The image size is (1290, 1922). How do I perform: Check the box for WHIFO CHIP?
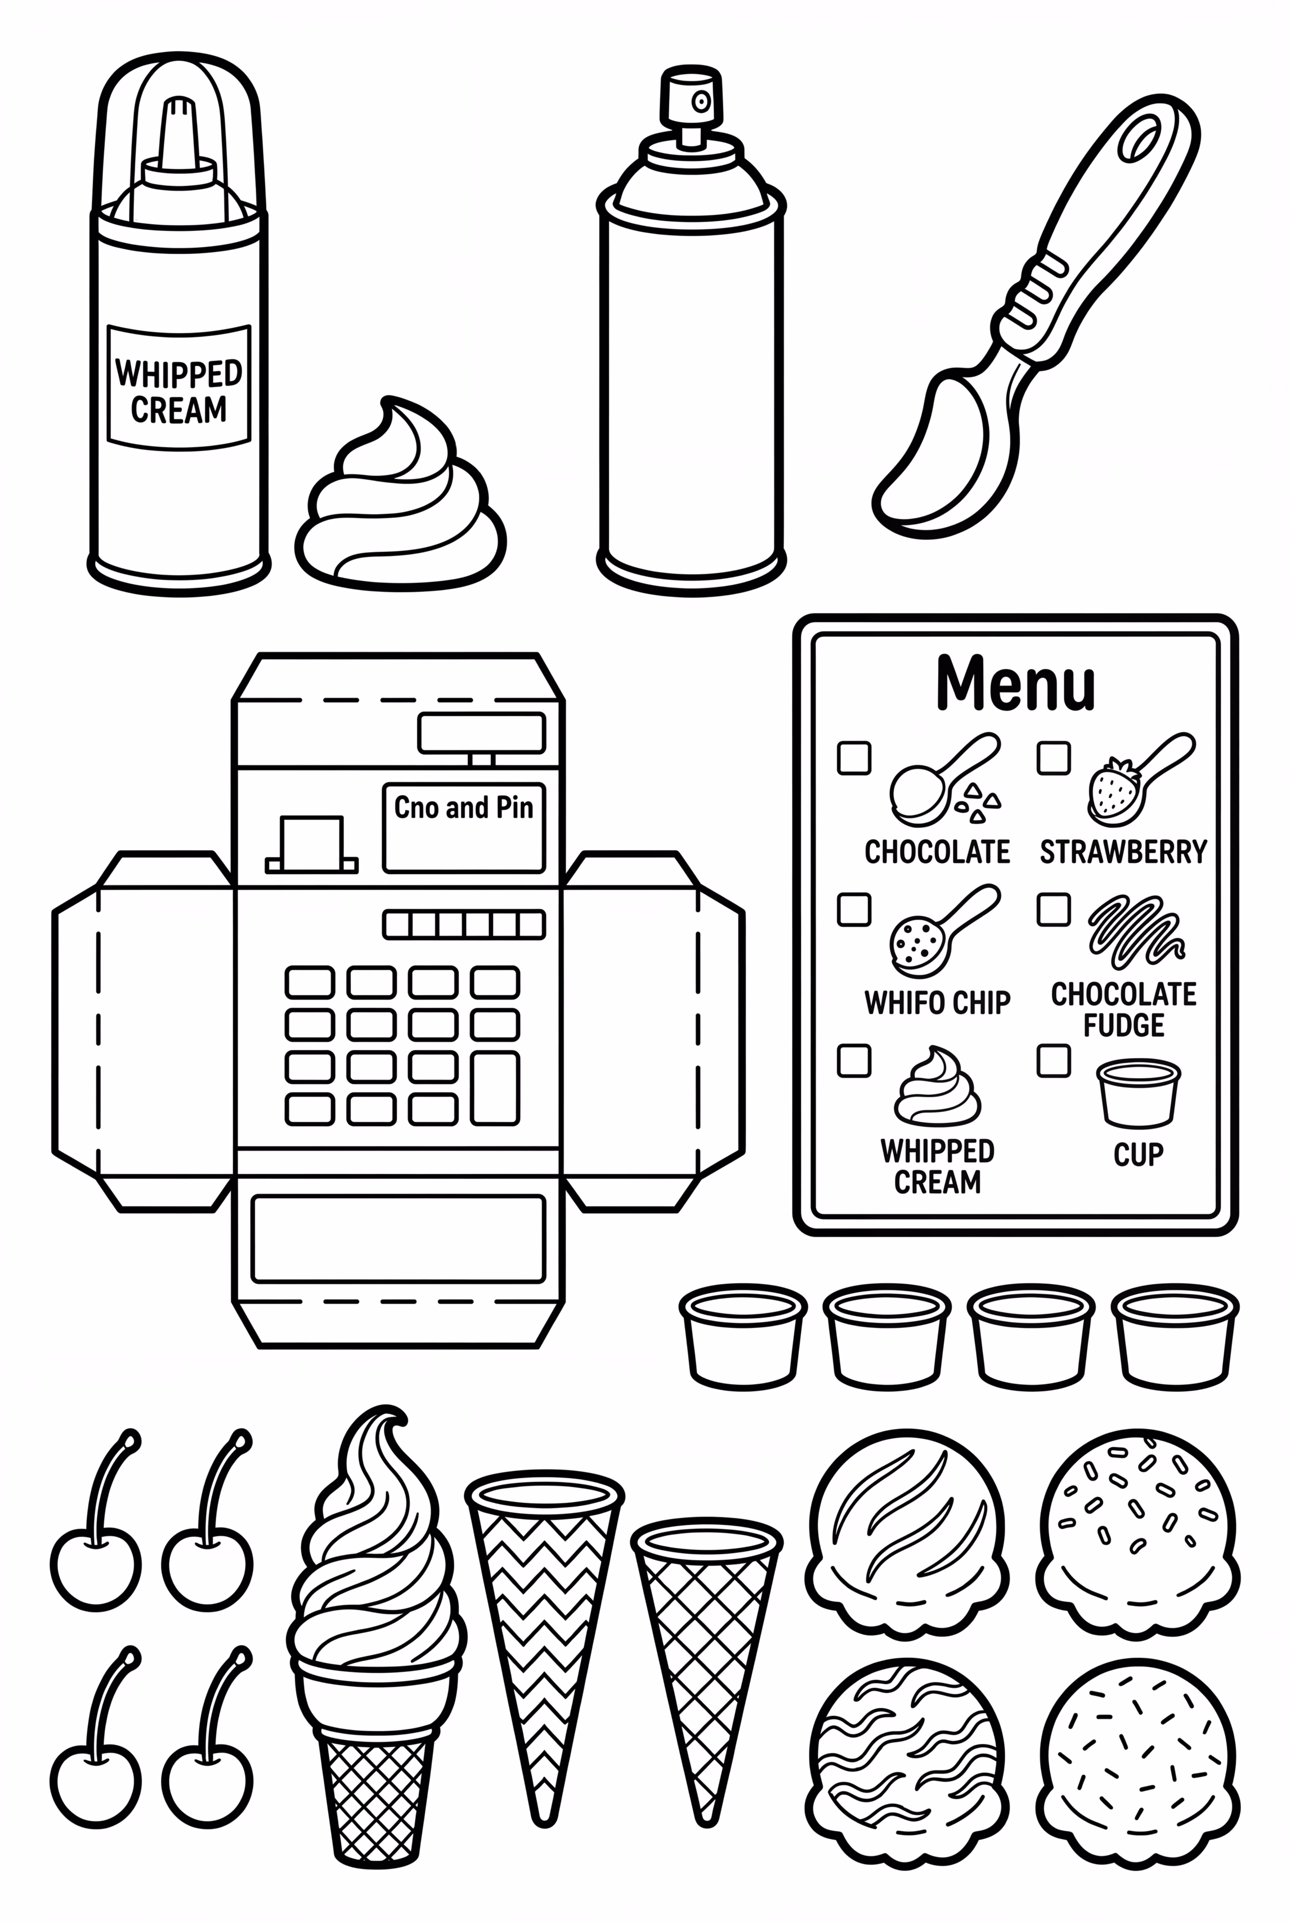point(854,910)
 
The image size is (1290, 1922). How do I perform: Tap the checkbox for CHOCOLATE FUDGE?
point(1053,910)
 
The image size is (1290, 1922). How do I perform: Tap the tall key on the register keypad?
point(494,1088)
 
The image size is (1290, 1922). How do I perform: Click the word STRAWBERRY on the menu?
point(1123,852)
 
